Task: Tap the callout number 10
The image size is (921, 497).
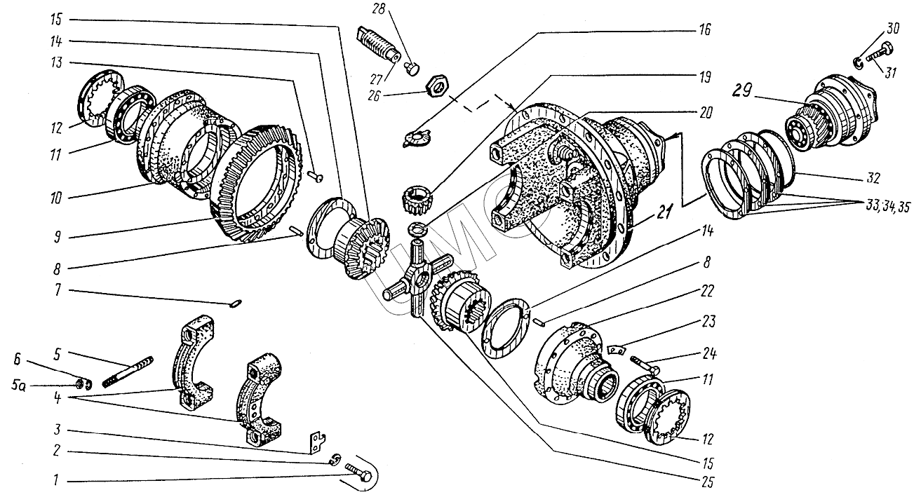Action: [55, 198]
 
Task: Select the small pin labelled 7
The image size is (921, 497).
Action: [236, 303]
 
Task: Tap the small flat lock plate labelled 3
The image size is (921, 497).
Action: [316, 441]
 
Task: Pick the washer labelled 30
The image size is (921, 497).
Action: [861, 64]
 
